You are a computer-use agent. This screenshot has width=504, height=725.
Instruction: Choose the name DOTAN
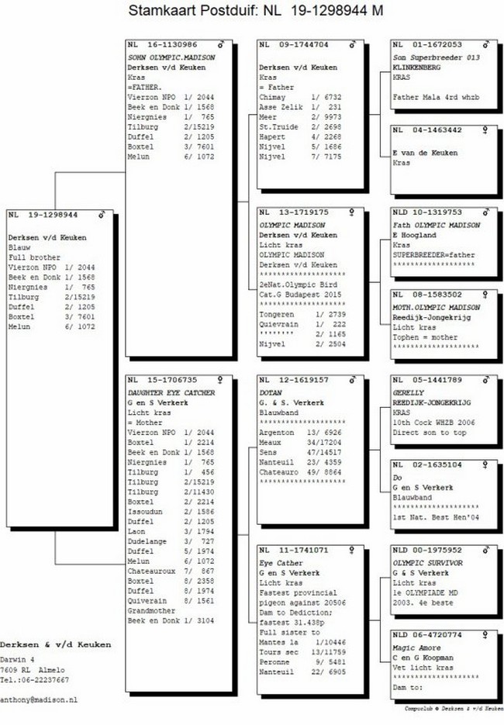point(271,393)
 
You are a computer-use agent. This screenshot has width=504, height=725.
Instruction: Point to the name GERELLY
point(408,393)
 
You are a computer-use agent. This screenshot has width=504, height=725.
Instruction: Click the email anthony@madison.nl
point(39,699)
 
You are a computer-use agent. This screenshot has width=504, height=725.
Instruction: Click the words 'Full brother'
point(33,257)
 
